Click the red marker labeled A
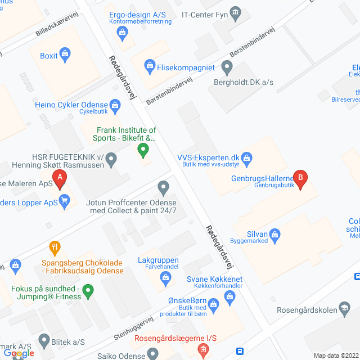60,179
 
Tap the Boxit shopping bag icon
65,55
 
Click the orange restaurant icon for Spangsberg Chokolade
55,247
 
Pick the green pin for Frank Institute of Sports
143,150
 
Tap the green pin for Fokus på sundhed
88,291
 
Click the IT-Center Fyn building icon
236,12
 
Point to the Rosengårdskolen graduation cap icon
344,309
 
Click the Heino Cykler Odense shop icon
115,104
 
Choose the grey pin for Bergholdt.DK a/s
227,69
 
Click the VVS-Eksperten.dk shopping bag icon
248,157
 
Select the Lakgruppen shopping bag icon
165,277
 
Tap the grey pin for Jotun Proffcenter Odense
163,187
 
